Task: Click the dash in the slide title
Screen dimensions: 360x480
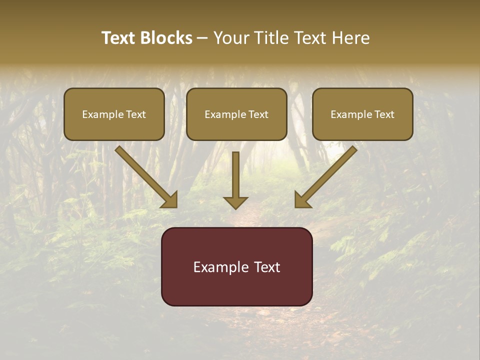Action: (x=202, y=38)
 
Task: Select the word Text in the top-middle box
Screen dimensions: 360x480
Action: (x=258, y=114)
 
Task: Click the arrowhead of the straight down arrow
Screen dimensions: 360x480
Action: (x=235, y=202)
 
